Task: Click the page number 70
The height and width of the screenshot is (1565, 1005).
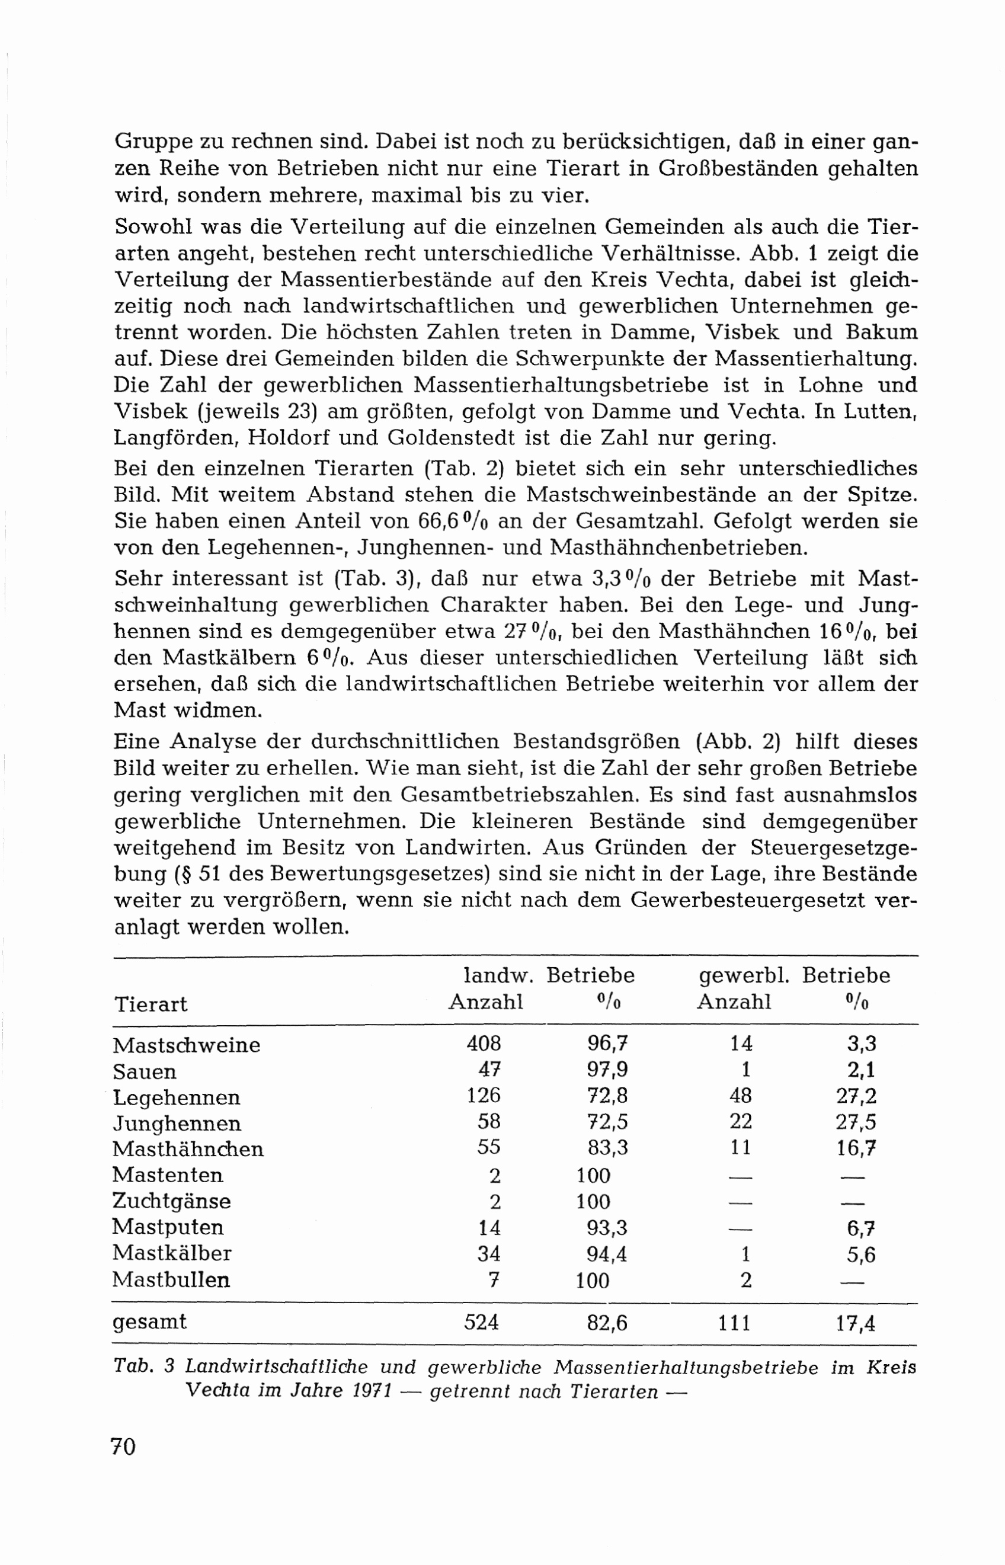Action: click(123, 1446)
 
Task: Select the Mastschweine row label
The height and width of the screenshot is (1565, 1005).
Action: click(186, 1045)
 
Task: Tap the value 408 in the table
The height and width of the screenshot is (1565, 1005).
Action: click(484, 1043)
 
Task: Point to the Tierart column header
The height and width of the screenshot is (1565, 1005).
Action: click(151, 1004)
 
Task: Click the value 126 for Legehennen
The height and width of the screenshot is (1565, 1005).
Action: click(484, 1095)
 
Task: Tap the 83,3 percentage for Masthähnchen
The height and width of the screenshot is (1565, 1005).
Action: click(607, 1147)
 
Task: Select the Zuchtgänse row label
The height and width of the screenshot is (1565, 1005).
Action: click(172, 1201)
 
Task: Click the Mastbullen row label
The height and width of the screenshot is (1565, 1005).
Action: click(171, 1279)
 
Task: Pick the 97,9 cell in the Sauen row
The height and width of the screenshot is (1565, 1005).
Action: click(607, 1069)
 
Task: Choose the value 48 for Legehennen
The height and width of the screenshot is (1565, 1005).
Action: click(741, 1095)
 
